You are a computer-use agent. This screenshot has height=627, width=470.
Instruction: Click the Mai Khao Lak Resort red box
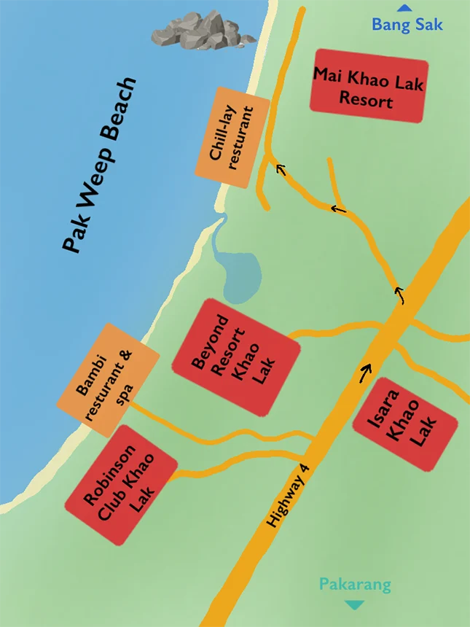click(367, 87)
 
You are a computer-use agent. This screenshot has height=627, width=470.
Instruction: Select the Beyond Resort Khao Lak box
click(236, 357)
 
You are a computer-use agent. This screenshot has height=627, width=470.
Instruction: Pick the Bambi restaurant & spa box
click(108, 380)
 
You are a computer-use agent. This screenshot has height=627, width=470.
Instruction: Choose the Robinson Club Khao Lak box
click(121, 485)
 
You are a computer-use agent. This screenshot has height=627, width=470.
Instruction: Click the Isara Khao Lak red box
click(404, 424)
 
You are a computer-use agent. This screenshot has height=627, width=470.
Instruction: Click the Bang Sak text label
click(407, 24)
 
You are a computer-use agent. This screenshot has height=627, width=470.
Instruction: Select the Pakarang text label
click(355, 585)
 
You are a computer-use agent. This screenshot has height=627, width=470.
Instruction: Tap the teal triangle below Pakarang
click(355, 604)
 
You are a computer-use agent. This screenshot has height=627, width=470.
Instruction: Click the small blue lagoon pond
click(241, 277)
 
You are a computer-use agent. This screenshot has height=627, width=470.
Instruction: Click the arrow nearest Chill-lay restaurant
click(281, 170)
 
